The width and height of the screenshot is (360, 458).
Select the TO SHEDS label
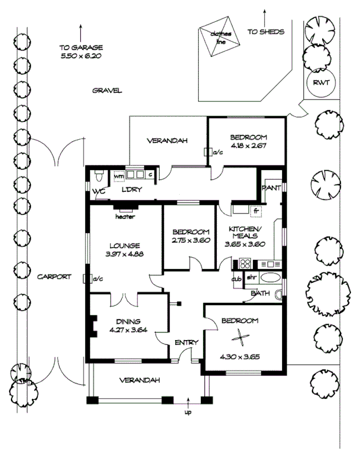(x=266, y=32)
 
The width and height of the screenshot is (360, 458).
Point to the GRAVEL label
(x=108, y=90)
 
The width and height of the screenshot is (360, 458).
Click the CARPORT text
(x=54, y=277)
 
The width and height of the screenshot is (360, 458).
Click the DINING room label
(x=127, y=321)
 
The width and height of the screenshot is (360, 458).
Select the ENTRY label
(x=186, y=342)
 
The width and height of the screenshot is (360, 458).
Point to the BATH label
(x=260, y=294)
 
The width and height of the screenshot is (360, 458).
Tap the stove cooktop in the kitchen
(x=245, y=264)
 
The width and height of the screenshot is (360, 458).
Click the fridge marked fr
(x=255, y=211)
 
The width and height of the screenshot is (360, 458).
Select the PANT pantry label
(x=270, y=188)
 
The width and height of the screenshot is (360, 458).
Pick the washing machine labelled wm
(x=120, y=176)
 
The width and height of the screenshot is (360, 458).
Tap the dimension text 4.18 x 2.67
(x=249, y=146)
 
